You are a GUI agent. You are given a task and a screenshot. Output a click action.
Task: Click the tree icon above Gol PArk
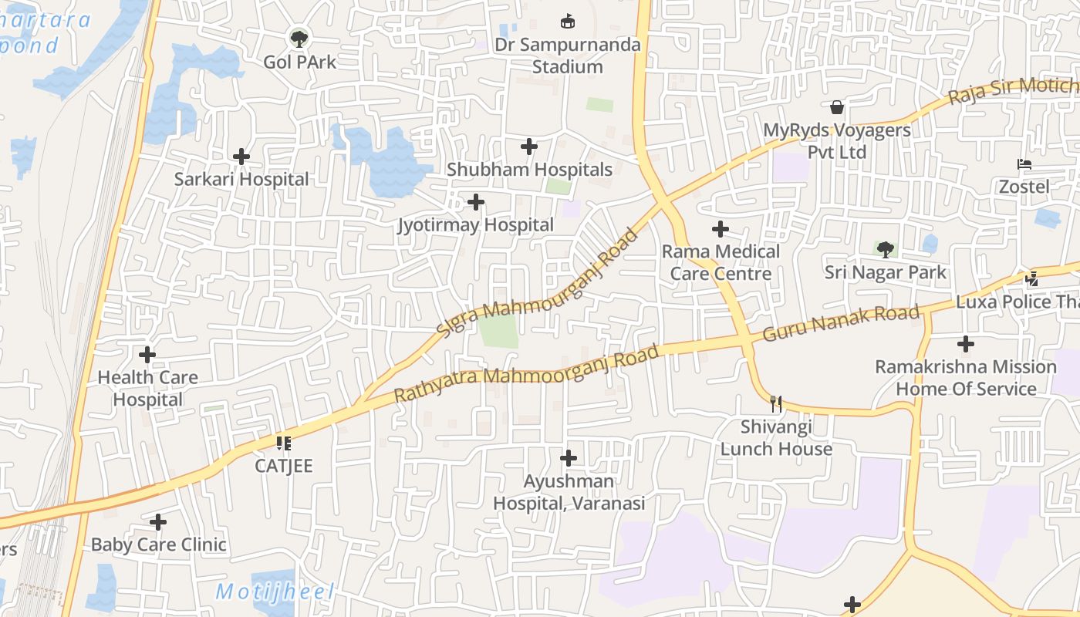pos(299,37)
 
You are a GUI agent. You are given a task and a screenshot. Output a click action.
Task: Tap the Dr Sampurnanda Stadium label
pos(568,56)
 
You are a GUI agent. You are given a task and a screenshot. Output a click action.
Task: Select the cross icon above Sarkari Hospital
pos(241,157)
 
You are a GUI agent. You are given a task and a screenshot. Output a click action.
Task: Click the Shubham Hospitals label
pos(529,170)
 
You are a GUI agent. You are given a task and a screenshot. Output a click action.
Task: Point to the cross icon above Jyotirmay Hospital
pos(476,202)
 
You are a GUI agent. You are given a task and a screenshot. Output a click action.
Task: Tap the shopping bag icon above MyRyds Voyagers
pos(837,107)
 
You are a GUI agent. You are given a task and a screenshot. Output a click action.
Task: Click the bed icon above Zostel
pos(1024,164)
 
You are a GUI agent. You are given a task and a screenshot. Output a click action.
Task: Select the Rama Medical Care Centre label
pos(721,262)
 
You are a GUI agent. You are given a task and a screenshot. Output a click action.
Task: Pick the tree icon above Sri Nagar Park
pos(885,249)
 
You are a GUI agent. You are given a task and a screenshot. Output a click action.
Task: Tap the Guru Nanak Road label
pos(841,323)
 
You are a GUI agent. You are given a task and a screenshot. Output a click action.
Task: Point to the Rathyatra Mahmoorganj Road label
pos(528,374)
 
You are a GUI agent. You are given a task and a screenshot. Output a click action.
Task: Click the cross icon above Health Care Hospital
pos(147,355)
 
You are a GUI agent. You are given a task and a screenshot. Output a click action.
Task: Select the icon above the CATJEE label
pos(283,443)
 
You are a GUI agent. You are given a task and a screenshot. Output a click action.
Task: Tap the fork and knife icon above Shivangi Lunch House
pos(776,403)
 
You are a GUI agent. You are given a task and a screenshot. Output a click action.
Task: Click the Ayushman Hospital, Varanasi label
pos(569,492)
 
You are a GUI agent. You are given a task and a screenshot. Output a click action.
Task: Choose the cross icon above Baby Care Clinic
pos(158,522)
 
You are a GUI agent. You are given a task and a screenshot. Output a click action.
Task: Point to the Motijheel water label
pos(275,592)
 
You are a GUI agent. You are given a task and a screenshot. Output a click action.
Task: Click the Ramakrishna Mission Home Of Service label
pos(966,377)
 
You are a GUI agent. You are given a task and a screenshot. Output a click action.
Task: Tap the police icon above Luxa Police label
pos(1032,278)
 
